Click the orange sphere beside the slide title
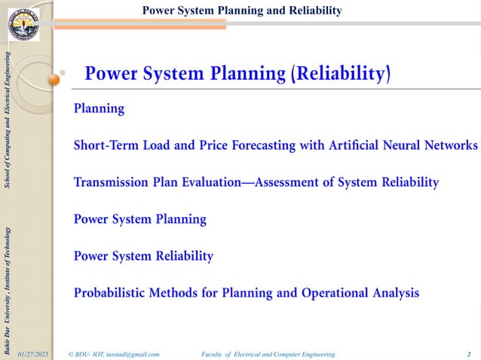pos(54,79)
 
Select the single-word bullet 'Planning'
pos(99,108)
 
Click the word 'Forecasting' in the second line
pos(250,145)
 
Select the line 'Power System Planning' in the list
pos(139,219)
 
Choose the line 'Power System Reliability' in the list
pos(143,256)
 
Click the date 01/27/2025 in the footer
pos(34,353)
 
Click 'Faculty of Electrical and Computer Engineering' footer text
pos(268,353)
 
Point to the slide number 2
pos(469,353)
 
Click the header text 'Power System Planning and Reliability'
pos(242,10)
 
